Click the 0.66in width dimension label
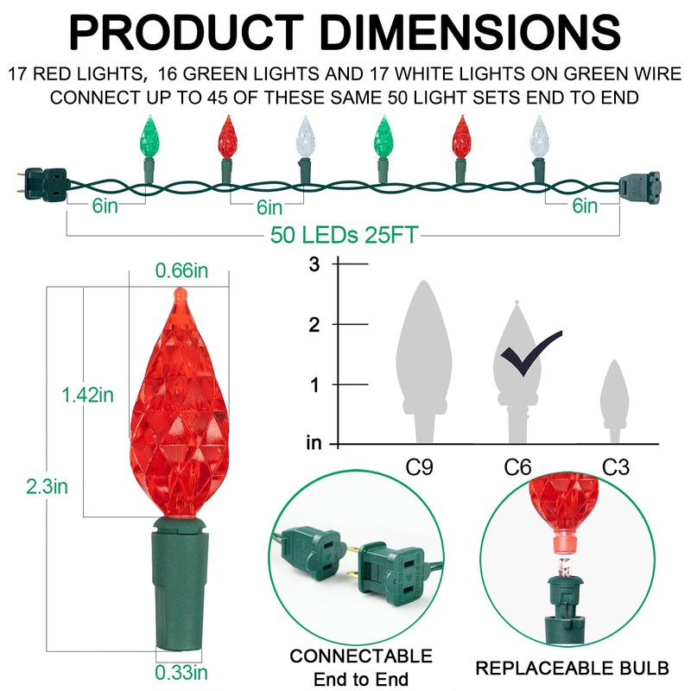coord(181,271)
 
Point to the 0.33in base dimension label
coord(181,673)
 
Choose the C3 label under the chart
coord(615,468)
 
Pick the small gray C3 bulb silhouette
coord(614,393)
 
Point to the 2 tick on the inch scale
coord(314,324)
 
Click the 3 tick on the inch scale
coord(314,264)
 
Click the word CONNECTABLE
coord(361,656)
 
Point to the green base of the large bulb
coord(181,579)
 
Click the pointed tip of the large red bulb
coord(180,295)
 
